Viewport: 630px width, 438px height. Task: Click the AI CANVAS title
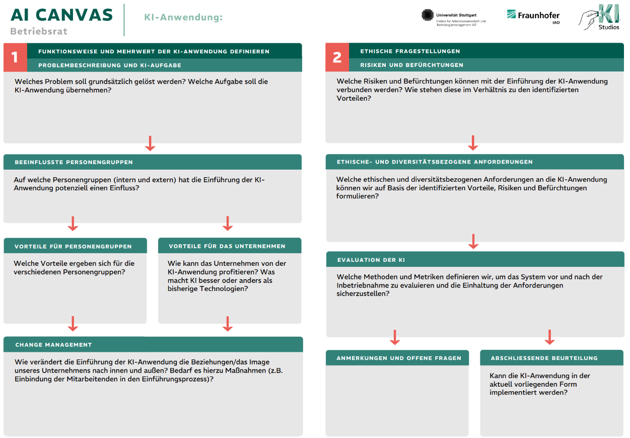tap(61, 15)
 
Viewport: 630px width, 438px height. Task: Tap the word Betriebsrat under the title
tap(39, 31)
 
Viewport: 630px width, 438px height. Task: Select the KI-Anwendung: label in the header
tap(183, 18)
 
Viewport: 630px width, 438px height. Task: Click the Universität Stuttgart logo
tap(453, 18)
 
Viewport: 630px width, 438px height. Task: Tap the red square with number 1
tap(15, 57)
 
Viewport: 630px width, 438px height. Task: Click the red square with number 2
tap(337, 57)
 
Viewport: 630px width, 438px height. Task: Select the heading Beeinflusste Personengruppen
tap(74, 162)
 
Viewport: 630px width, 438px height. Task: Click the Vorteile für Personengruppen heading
tap(73, 246)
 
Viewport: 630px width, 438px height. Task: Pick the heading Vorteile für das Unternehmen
tap(227, 246)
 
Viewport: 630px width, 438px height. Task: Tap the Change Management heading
tap(54, 345)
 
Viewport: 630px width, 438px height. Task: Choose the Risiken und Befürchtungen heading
tap(411, 65)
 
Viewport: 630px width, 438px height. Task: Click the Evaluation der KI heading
tap(371, 260)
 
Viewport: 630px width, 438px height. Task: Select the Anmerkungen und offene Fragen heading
tap(399, 358)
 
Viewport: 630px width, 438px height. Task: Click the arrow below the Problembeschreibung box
tap(150, 143)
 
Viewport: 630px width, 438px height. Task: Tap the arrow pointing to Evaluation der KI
tap(473, 242)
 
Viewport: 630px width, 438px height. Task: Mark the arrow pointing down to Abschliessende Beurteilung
tap(549, 337)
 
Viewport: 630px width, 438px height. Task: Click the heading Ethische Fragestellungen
tap(410, 51)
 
